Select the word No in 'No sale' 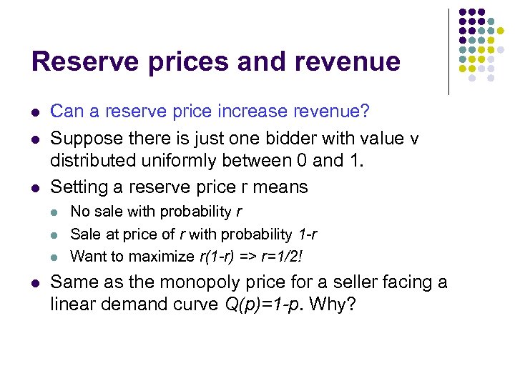(x=80, y=212)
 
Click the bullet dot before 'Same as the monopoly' (x=35, y=282)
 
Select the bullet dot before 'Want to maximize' (x=55, y=256)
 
